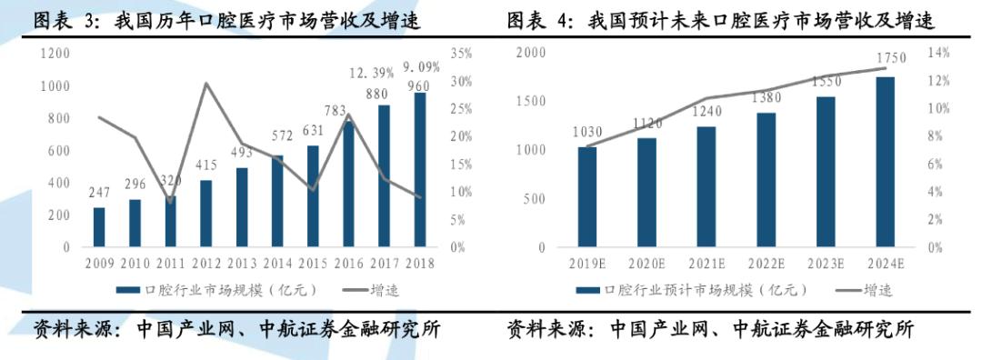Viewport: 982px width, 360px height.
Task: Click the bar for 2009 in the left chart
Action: click(99, 226)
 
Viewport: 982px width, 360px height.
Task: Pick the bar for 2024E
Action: click(885, 162)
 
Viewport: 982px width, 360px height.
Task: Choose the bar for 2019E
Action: click(588, 196)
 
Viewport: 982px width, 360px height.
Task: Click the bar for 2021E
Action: click(706, 186)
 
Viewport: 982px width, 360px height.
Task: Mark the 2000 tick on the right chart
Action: click(530, 54)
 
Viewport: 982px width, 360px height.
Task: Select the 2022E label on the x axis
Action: click(766, 264)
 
